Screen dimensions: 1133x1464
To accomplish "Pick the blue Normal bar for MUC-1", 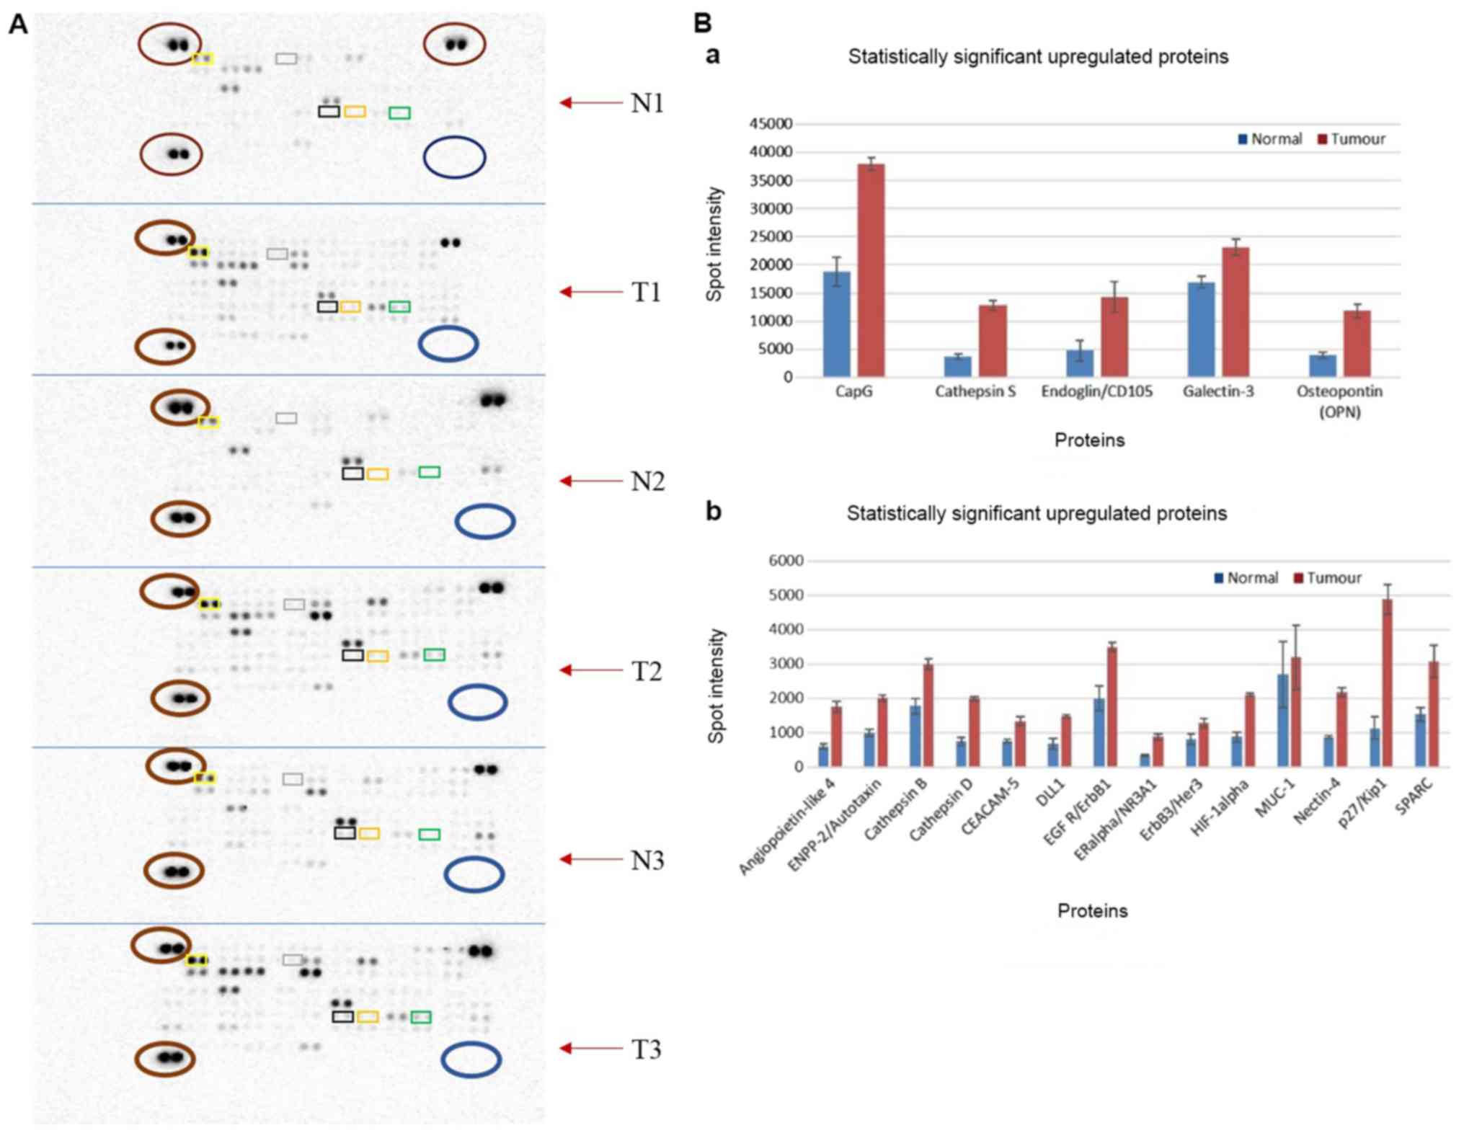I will point(1282,720).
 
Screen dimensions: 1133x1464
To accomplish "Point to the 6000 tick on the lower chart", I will point(785,561).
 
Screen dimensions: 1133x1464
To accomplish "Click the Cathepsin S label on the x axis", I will point(975,391).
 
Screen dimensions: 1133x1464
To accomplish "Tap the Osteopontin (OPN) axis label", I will point(1339,401).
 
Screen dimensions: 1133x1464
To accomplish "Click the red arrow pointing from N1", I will point(590,103).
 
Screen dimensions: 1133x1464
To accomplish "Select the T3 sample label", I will point(646,1049).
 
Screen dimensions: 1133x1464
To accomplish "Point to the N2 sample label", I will point(647,481).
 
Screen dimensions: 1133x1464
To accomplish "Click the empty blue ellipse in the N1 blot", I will point(454,157).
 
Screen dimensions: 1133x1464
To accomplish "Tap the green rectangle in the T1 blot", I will point(399,307).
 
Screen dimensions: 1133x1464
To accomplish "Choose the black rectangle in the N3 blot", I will point(345,833).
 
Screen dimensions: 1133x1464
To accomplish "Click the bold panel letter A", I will point(17,25).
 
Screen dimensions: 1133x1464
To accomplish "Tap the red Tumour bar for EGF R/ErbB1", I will point(1112,706).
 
